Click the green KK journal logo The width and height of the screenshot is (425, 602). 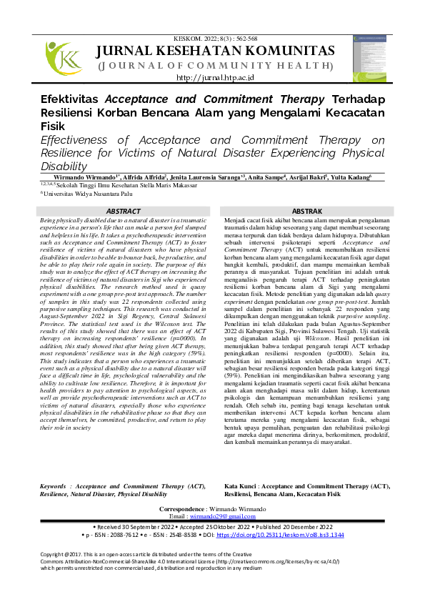pyautogui.click(x=64, y=58)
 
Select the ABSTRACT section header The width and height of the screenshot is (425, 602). pyautogui.click(x=124, y=211)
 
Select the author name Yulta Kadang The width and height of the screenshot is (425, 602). pyautogui.click(x=370, y=176)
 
